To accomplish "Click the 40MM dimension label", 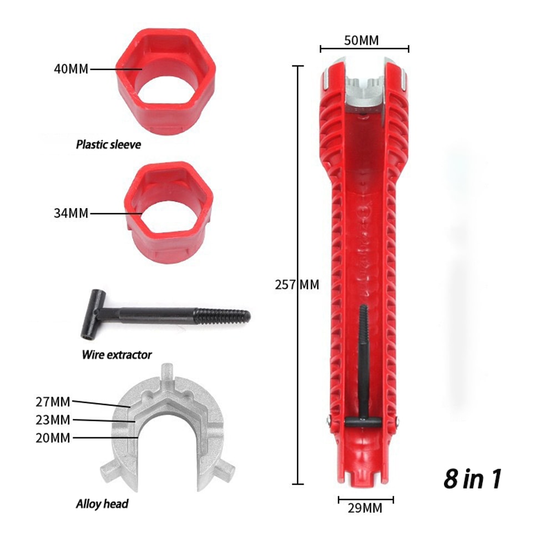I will coord(71,69).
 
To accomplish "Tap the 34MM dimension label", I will coord(71,213).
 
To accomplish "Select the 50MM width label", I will coord(364,40).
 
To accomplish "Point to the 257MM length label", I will coord(297,285).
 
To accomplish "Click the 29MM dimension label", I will coord(365,507).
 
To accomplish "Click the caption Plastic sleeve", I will coord(109,145).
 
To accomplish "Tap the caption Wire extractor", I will coord(117,354).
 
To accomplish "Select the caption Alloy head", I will coord(102,504).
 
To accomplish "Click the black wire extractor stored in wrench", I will coord(364,377).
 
